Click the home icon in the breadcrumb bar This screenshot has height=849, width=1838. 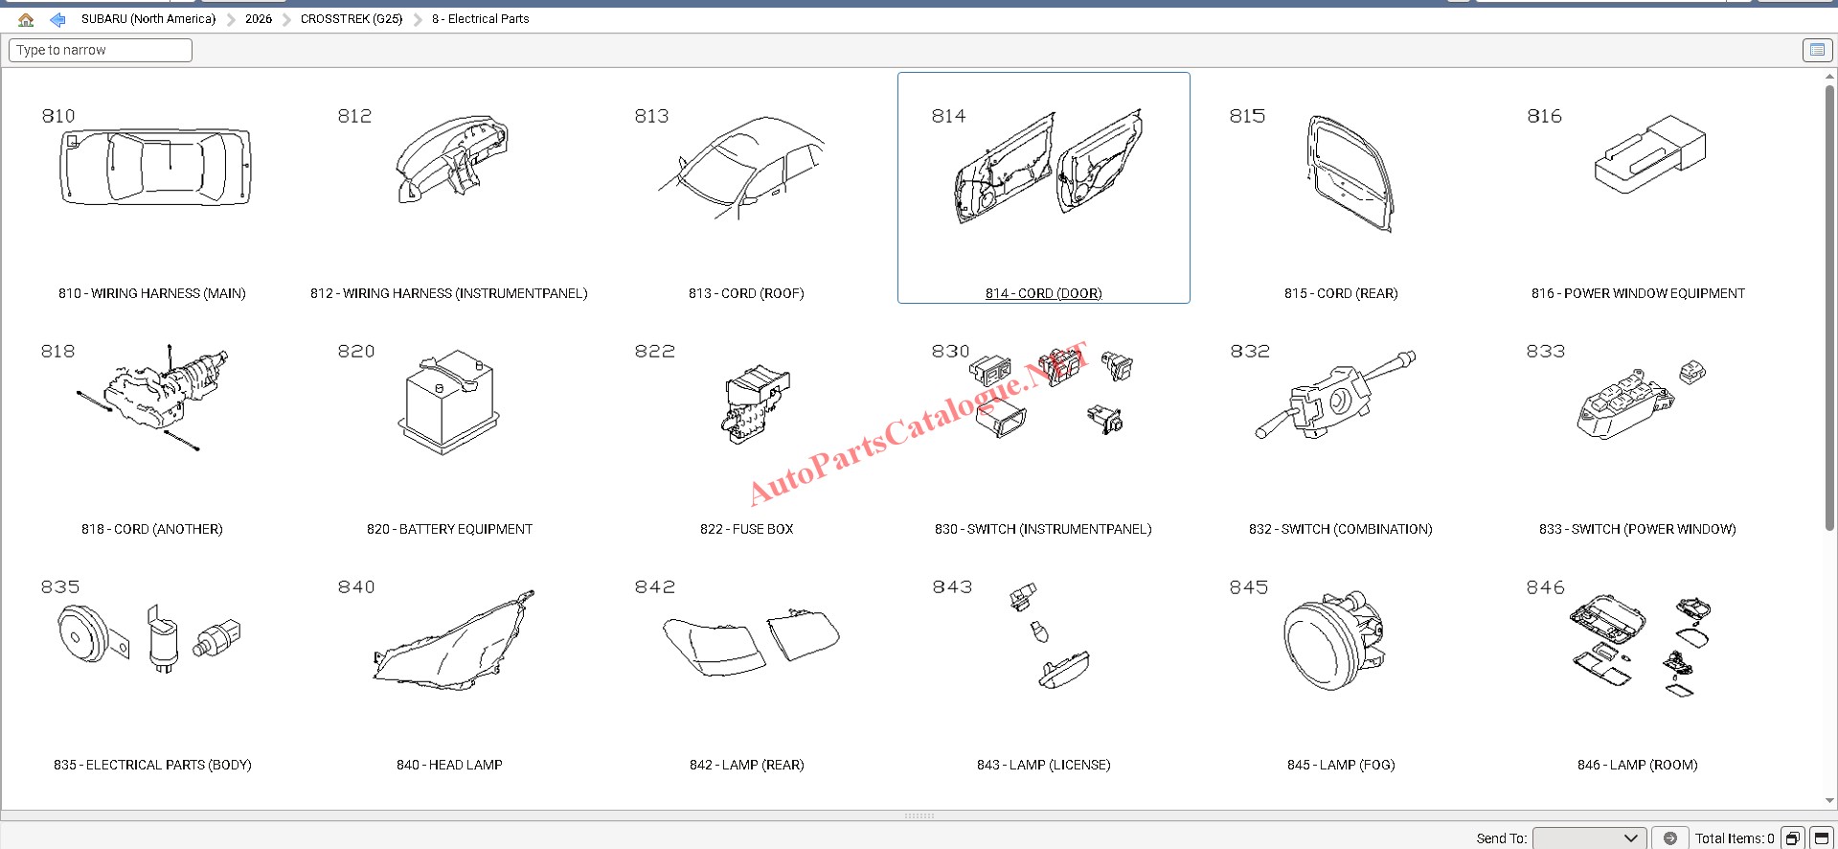tap(26, 19)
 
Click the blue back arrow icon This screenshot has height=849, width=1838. tap(57, 19)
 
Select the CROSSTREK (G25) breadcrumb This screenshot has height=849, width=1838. tap(352, 19)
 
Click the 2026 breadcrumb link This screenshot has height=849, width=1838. tap(259, 19)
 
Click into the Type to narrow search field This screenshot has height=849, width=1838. tap(101, 50)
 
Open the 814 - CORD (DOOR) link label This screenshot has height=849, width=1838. tap(1043, 293)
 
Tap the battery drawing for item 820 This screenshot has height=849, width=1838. tap(448, 402)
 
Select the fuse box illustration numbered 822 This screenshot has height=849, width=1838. tap(758, 403)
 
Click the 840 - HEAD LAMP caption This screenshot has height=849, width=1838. tap(449, 765)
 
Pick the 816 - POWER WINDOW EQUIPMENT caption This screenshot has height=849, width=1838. tap(1638, 293)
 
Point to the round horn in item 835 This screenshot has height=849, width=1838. tap(84, 634)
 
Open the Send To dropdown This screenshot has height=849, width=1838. tap(1589, 838)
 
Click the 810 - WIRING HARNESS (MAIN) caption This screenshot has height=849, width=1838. tap(152, 293)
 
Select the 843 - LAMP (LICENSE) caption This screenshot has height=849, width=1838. tap(1044, 765)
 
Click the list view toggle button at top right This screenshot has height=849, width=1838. tap(1816, 50)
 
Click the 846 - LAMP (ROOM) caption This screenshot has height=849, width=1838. tap(1638, 765)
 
